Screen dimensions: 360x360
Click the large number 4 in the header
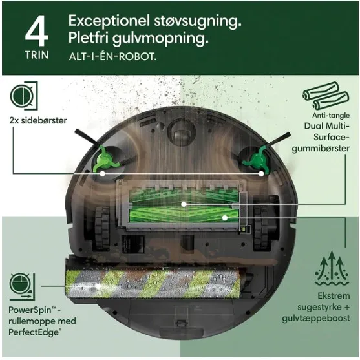pyautogui.click(x=37, y=31)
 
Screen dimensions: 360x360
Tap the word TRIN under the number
pyautogui.click(x=37, y=56)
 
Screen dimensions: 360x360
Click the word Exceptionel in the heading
pyautogui.click(x=109, y=21)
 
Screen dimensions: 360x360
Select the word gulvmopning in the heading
pyautogui.click(x=160, y=38)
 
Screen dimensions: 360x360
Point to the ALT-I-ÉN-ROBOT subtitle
pyautogui.click(x=112, y=56)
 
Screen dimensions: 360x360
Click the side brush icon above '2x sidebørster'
pyautogui.click(x=24, y=96)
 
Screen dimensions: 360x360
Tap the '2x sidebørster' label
pyautogui.click(x=38, y=120)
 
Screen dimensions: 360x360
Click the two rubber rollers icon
pyautogui.click(x=326, y=95)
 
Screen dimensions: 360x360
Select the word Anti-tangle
pyautogui.click(x=331, y=115)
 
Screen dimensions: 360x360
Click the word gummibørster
pyautogui.click(x=321, y=149)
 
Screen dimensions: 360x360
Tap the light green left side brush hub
pyautogui.click(x=105, y=159)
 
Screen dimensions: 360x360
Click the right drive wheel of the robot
pyautogui.click(x=262, y=228)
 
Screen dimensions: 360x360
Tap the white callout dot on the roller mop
pyautogui.click(x=98, y=286)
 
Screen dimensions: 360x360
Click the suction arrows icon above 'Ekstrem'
pyautogui.click(x=332, y=268)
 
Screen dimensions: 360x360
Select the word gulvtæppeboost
pyautogui.click(x=316, y=319)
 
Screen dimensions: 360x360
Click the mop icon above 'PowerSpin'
pyautogui.click(x=22, y=287)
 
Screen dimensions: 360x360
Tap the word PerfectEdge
pyautogui.click(x=34, y=332)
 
